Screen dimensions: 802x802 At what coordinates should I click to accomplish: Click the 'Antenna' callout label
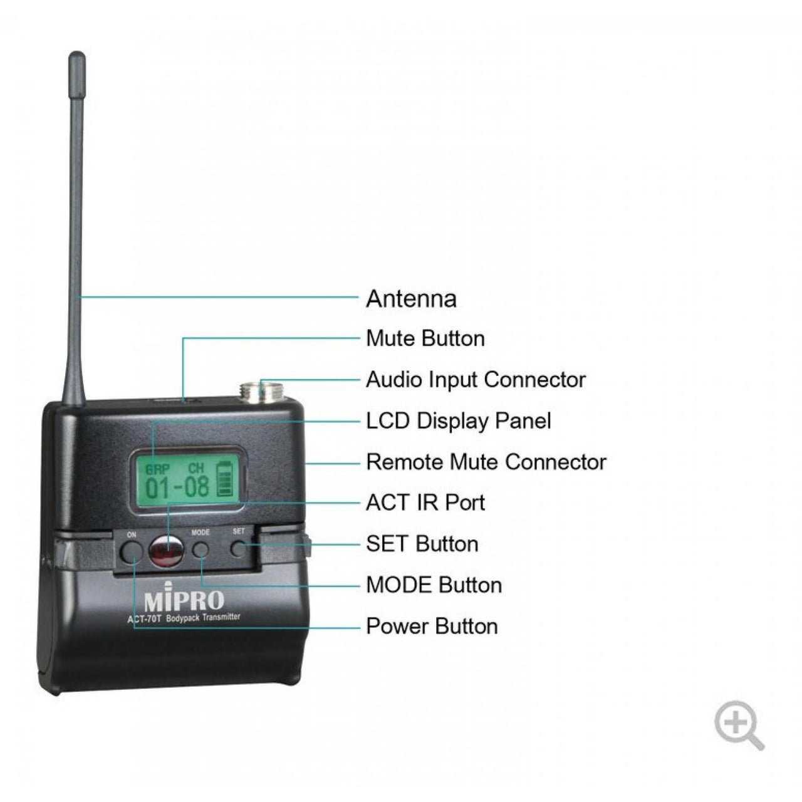pyautogui.click(x=411, y=298)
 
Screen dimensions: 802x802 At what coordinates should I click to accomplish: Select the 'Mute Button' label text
pyautogui.click(x=425, y=338)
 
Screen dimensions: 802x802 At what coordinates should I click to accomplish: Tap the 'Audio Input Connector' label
pyautogui.click(x=476, y=380)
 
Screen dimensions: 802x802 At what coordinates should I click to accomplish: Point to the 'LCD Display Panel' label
pyautogui.click(x=458, y=420)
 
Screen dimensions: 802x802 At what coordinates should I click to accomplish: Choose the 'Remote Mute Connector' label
pyautogui.click(x=486, y=462)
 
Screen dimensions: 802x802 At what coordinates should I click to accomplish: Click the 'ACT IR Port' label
pyautogui.click(x=425, y=503)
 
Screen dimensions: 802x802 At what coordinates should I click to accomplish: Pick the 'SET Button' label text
pyautogui.click(x=422, y=544)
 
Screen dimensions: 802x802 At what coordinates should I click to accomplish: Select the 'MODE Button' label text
pyautogui.click(x=434, y=585)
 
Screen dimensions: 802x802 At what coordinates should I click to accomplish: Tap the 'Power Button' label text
pyautogui.click(x=432, y=626)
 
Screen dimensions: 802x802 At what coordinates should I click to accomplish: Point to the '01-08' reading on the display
pyautogui.click(x=177, y=486)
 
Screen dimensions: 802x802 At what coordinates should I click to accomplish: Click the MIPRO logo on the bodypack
pyautogui.click(x=184, y=600)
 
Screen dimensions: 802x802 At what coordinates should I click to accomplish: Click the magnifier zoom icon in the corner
pyautogui.click(x=738, y=724)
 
